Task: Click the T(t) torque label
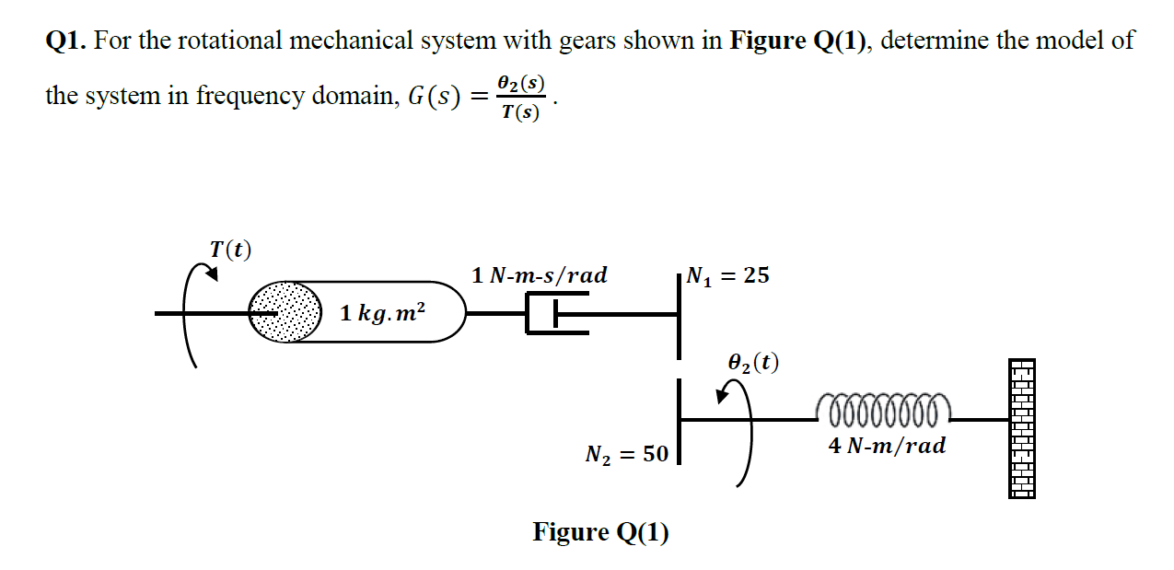tap(230, 250)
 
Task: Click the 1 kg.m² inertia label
tap(382, 313)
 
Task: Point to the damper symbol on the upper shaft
tap(556, 313)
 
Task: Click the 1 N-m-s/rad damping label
tap(539, 275)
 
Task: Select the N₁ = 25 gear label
tap(728, 275)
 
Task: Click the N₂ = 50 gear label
tap(626, 454)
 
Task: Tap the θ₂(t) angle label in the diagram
tap(753, 363)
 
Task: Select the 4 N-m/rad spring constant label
tap(886, 447)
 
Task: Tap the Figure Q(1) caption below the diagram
tap(600, 532)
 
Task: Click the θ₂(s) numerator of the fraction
tap(520, 82)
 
